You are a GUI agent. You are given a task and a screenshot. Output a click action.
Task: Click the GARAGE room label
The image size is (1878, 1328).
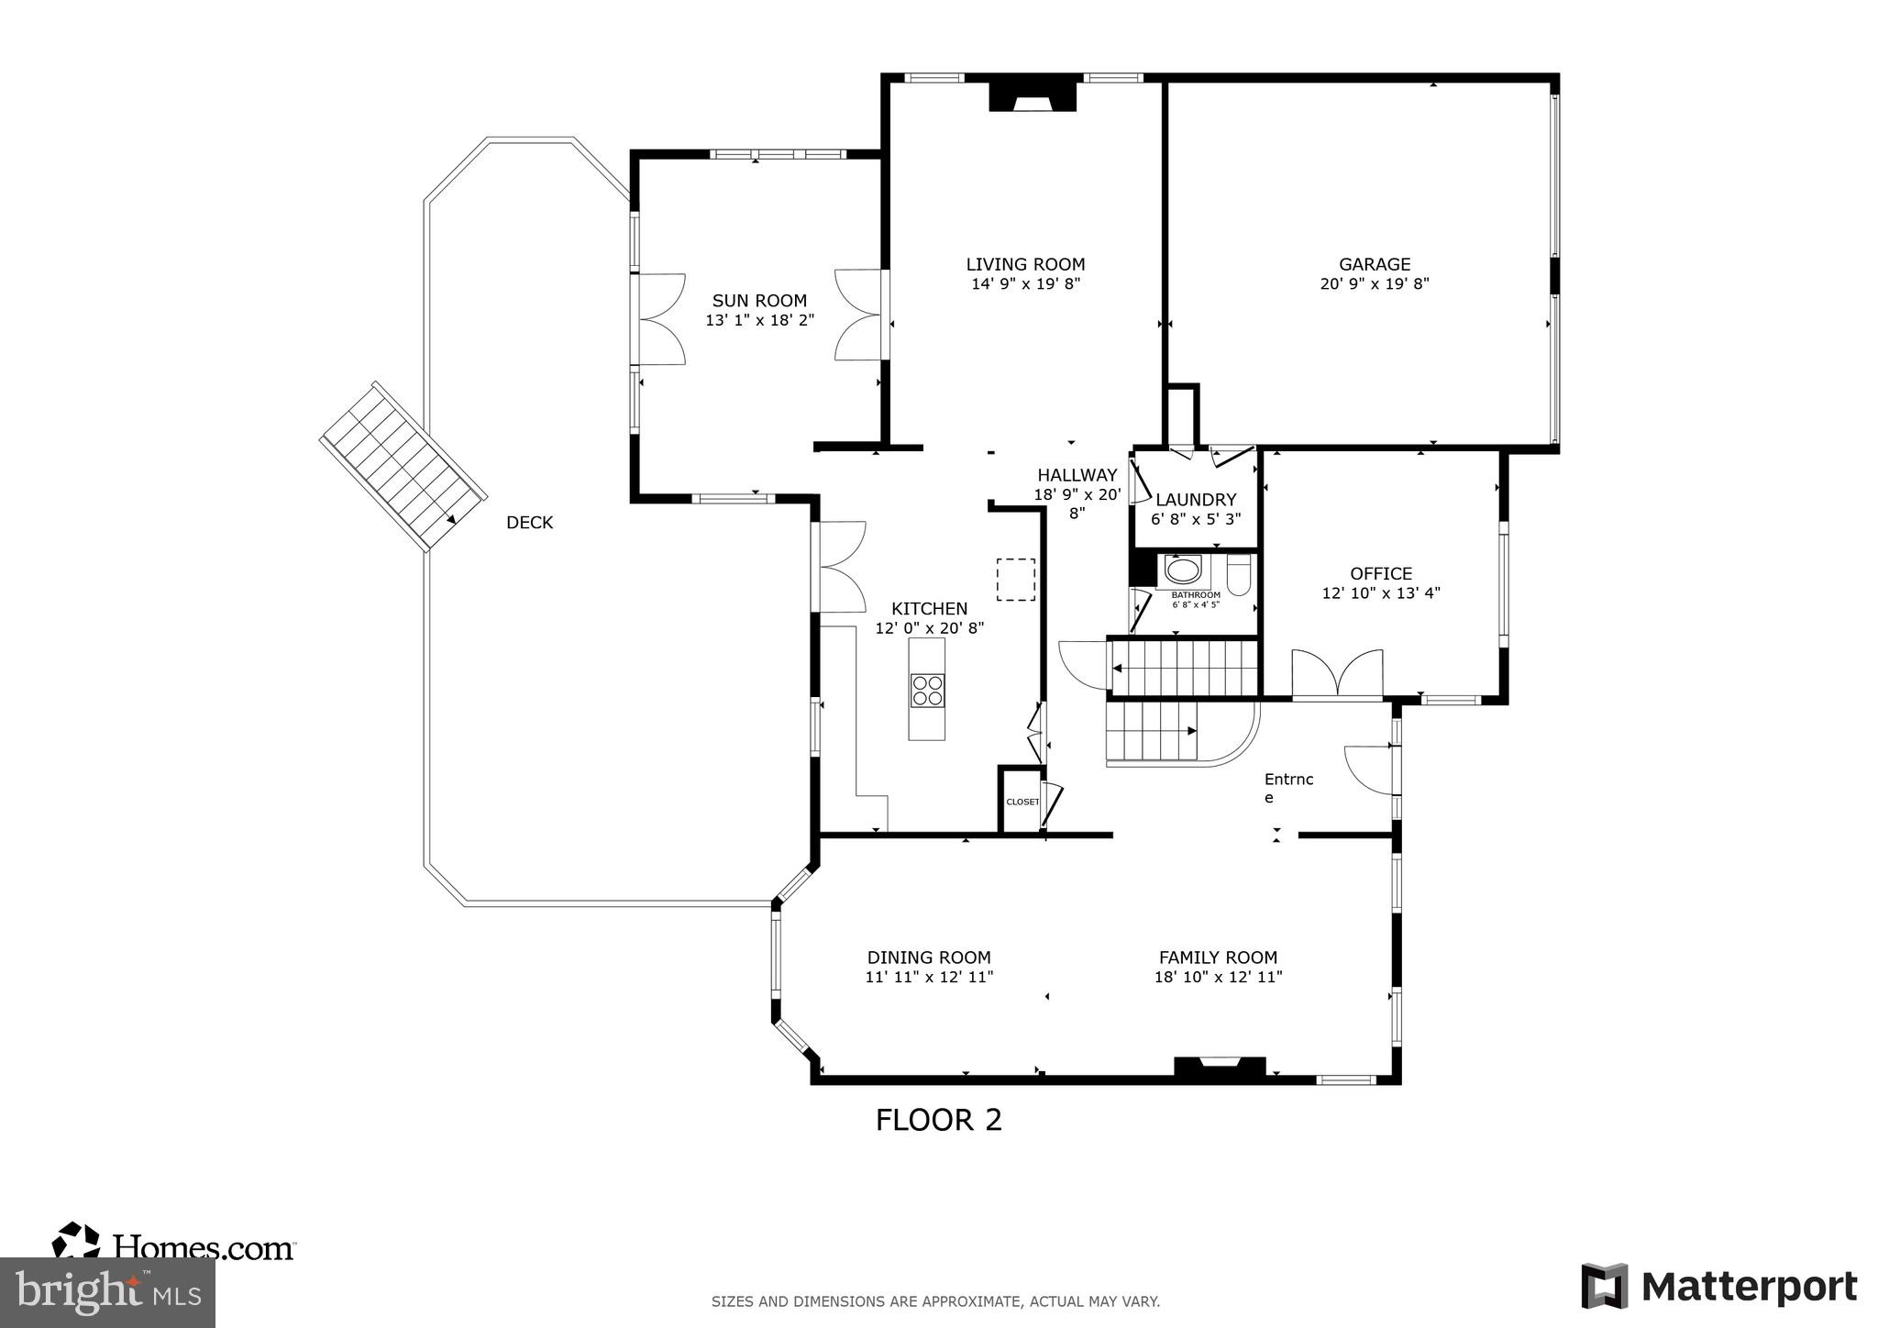(x=1374, y=264)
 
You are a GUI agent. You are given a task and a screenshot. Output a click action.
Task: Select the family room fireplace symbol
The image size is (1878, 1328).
(x=1220, y=1066)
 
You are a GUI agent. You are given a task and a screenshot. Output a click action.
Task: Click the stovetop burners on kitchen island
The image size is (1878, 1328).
(x=927, y=690)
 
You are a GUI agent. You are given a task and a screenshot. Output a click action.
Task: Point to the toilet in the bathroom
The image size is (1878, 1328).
(x=1238, y=575)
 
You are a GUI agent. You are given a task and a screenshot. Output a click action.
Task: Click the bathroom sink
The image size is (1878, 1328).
(x=1183, y=570)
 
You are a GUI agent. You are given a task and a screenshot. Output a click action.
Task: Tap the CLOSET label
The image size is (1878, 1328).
(x=1022, y=802)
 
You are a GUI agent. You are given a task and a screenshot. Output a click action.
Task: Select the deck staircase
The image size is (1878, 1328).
(x=402, y=467)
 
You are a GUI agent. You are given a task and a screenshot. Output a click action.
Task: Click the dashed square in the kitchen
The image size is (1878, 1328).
(x=1015, y=580)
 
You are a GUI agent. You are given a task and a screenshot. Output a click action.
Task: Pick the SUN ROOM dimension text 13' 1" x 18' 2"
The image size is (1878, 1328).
(x=759, y=320)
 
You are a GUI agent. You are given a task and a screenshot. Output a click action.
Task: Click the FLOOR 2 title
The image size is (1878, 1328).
(x=938, y=1120)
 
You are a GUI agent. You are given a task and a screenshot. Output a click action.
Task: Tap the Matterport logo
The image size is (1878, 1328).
(x=1719, y=1286)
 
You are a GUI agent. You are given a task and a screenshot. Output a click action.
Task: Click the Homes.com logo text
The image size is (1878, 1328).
(x=203, y=1246)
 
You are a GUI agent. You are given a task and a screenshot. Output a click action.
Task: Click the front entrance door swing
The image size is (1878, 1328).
(x=1368, y=769)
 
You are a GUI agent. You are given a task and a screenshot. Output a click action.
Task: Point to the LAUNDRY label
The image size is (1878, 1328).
(x=1196, y=500)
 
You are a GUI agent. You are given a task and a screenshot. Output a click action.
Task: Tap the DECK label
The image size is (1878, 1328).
(x=529, y=523)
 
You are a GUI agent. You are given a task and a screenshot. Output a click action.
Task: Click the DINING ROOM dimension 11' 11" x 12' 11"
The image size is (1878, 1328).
(x=929, y=978)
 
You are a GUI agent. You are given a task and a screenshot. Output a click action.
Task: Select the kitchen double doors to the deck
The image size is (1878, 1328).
(x=842, y=567)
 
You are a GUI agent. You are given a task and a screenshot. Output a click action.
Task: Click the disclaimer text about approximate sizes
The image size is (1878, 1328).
(x=935, y=1300)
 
